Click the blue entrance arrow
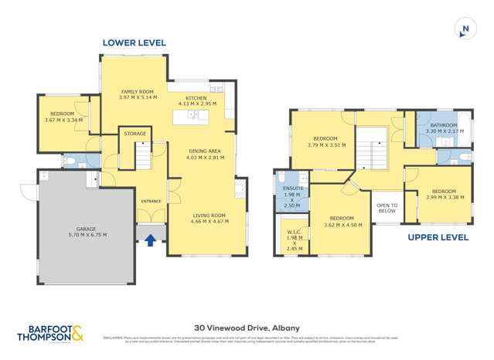151,240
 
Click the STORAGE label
135,134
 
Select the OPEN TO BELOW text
386,208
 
